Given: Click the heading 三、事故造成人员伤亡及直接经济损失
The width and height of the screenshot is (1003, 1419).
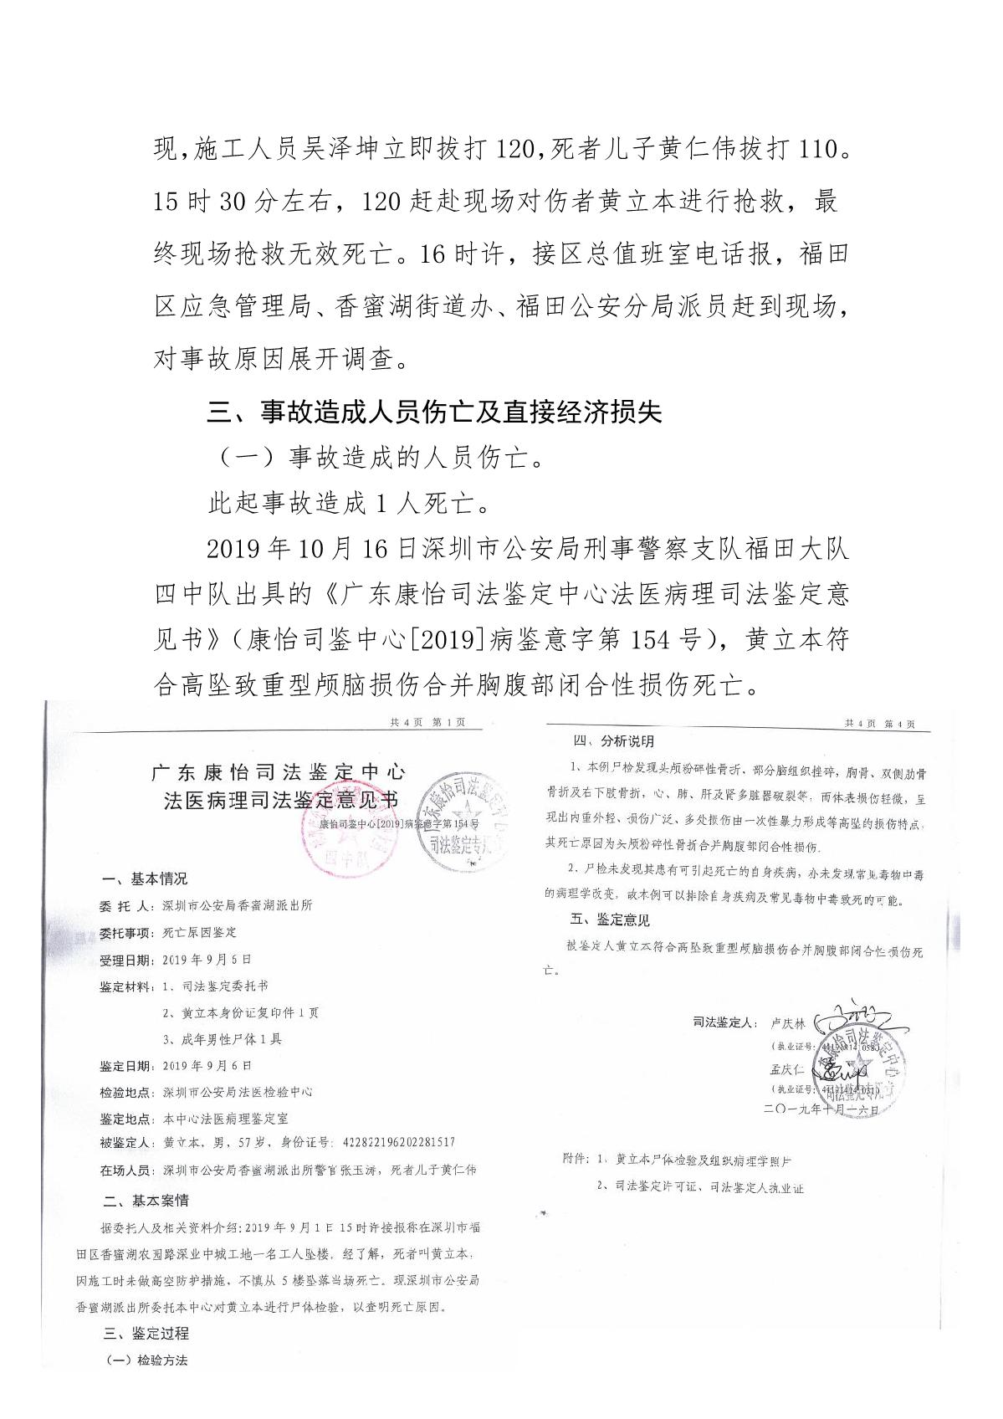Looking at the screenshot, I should [434, 412].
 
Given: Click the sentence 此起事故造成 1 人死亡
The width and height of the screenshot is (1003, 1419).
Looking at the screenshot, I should [348, 504].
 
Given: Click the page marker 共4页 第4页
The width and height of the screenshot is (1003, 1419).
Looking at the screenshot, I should [879, 724].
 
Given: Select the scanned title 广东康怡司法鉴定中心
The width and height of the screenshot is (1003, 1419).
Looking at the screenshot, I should [278, 771].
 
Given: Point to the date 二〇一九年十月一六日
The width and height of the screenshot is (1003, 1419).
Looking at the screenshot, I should [821, 1109].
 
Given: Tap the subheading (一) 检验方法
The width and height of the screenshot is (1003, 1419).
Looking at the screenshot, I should [146, 1360].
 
